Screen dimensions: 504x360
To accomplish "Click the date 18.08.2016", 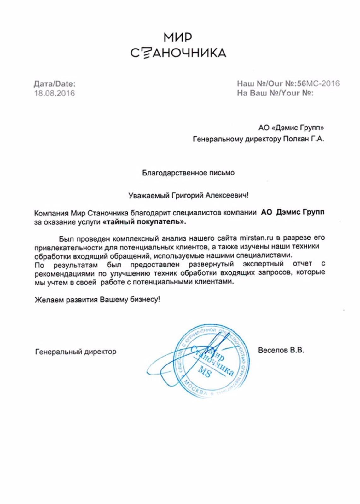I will click(54, 93).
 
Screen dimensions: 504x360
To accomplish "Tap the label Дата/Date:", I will click(55, 84).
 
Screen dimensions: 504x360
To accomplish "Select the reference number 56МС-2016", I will click(318, 83).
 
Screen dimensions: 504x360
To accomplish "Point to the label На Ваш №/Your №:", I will click(275, 93).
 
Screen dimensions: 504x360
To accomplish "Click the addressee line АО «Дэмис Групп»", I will click(291, 128).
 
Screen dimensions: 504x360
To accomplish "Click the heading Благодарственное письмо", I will click(188, 173).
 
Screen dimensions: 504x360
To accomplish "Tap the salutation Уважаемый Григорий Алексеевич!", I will click(188, 195).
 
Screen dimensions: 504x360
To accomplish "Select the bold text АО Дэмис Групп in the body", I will click(293, 212).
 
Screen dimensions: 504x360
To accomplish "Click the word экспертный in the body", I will click(263, 264).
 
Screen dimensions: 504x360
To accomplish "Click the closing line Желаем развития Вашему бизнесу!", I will click(97, 299).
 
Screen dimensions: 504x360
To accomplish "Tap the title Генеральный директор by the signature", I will click(76, 352).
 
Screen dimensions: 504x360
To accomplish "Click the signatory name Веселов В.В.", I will click(281, 350).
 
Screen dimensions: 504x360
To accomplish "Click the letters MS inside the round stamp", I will click(204, 372).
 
